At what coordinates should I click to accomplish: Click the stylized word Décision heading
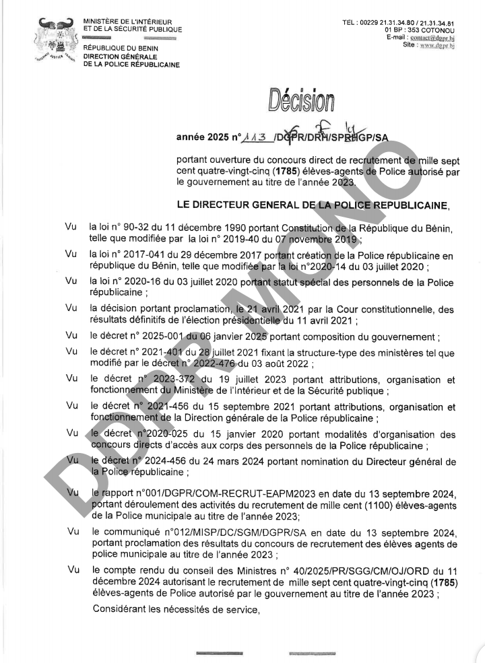[300, 101]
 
